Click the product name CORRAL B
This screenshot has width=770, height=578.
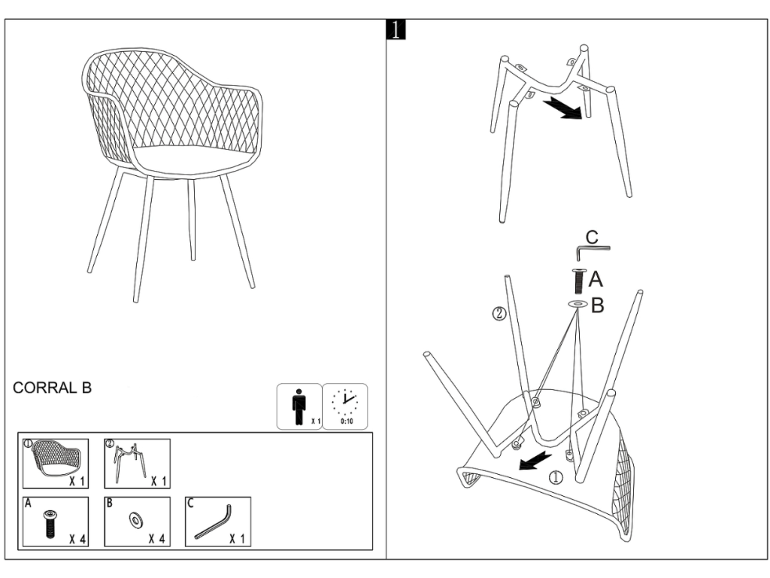tap(52, 388)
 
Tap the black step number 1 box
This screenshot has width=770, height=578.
tap(396, 29)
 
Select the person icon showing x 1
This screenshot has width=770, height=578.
tap(299, 406)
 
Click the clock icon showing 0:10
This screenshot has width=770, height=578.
tap(345, 406)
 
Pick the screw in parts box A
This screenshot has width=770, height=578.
tap(49, 524)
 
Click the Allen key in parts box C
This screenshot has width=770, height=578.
tap(213, 522)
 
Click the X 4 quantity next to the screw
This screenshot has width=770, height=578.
tap(77, 539)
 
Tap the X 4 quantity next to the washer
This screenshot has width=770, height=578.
tap(157, 539)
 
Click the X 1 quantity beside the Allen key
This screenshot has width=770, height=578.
tap(238, 539)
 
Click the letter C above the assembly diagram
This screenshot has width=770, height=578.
tap(592, 237)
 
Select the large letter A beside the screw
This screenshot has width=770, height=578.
tap(596, 279)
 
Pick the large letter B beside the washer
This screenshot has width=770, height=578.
tap(597, 306)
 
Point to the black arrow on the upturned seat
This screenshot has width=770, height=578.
tap(535, 462)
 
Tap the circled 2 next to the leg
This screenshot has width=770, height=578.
tap(499, 314)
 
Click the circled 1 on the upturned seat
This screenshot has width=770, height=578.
tap(556, 476)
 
